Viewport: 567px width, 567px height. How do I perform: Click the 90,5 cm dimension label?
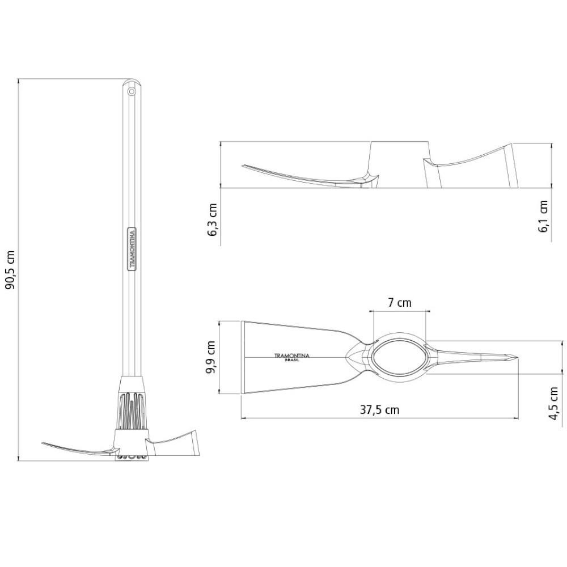click(11, 270)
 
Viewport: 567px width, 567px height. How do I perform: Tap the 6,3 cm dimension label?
click(213, 220)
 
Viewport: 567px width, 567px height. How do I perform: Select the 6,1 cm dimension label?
click(544, 216)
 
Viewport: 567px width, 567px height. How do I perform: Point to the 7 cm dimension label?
click(400, 302)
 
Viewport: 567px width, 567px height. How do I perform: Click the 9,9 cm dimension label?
click(211, 358)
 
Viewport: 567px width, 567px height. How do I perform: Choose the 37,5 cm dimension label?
click(380, 410)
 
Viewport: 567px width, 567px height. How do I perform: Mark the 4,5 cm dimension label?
click(554, 403)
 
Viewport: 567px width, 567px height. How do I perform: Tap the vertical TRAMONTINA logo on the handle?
click(132, 249)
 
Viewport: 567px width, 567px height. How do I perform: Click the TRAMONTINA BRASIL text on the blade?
click(292, 357)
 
